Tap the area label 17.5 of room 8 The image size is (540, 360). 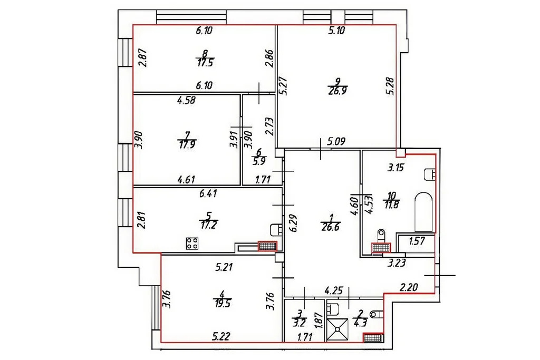205,61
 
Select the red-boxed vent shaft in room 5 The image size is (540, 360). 267,246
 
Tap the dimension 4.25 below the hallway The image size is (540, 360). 333,289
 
